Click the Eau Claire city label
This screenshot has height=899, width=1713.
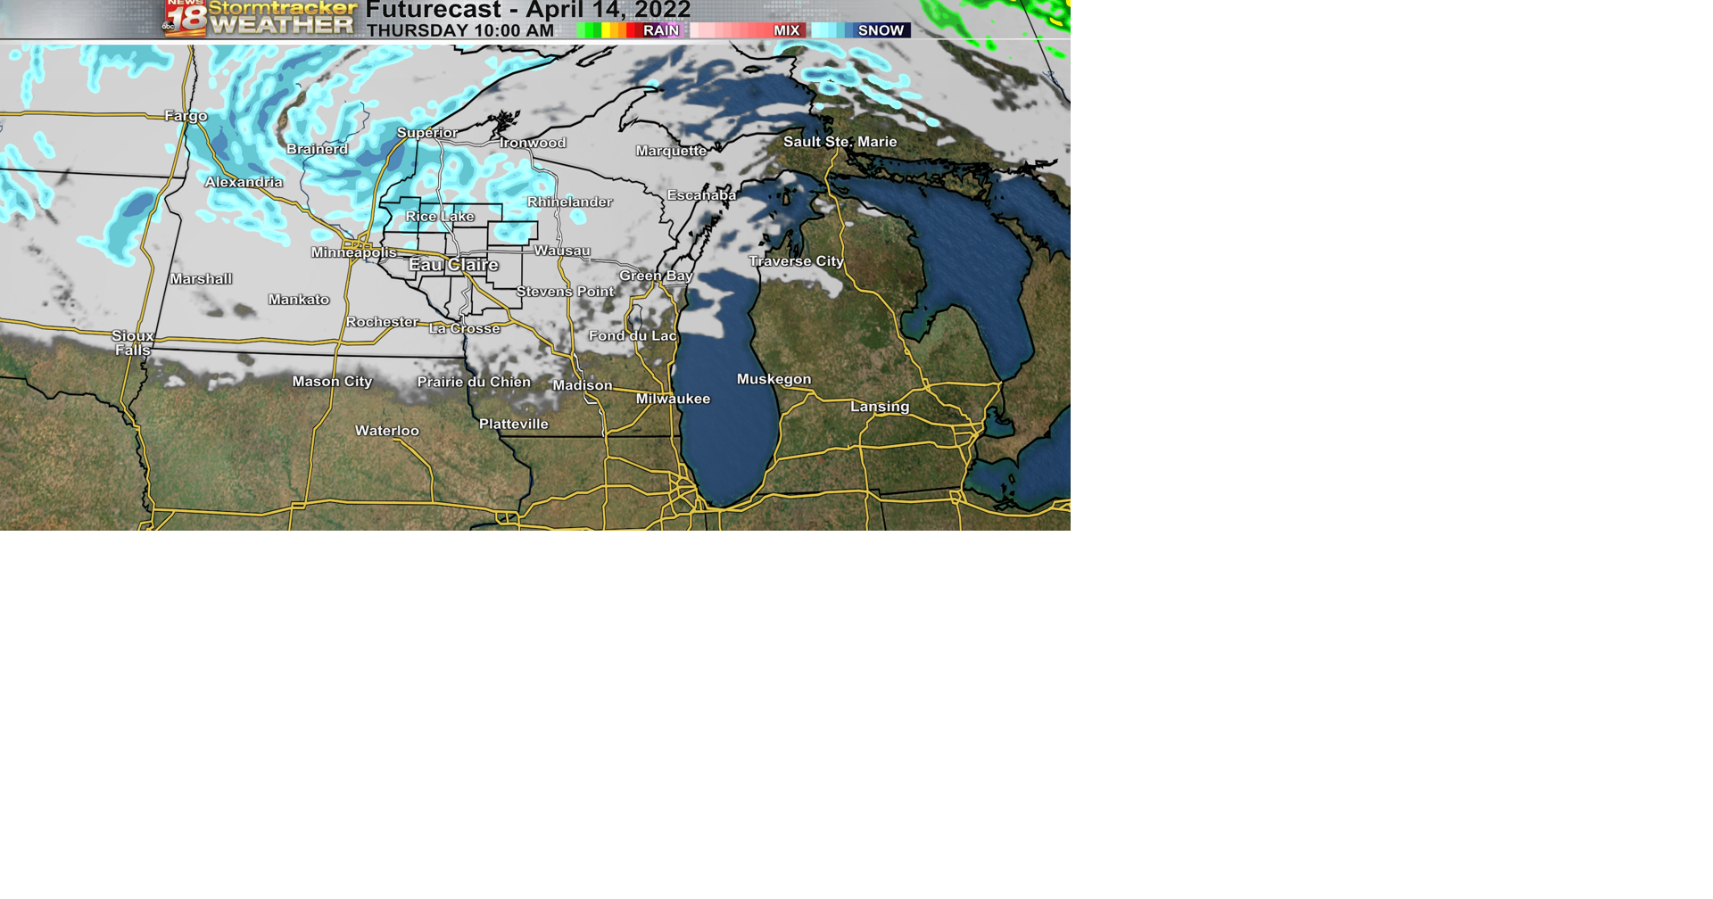(x=453, y=265)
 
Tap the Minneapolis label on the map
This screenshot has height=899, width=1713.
(x=353, y=252)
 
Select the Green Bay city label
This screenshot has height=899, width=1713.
(x=656, y=276)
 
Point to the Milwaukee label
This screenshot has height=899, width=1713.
(x=673, y=399)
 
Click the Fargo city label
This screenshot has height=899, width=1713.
(x=186, y=116)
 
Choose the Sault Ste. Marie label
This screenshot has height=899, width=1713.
(x=840, y=142)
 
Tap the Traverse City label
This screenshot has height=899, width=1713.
(x=796, y=261)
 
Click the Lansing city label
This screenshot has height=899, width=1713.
(x=880, y=407)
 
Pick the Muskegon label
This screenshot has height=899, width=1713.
(x=774, y=379)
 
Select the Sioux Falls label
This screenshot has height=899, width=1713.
(x=133, y=342)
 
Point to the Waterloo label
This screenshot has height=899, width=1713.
(x=386, y=431)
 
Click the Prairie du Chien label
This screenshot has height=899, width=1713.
(x=474, y=382)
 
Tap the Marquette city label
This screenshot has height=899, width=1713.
(x=671, y=151)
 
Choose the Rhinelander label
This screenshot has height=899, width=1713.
(x=569, y=202)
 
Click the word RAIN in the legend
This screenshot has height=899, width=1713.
(x=661, y=30)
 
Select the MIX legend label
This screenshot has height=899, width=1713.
(x=786, y=30)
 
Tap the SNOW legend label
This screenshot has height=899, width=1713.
(x=881, y=30)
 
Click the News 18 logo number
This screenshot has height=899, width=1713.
(x=186, y=18)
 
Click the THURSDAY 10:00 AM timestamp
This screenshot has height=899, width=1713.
(x=460, y=30)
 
